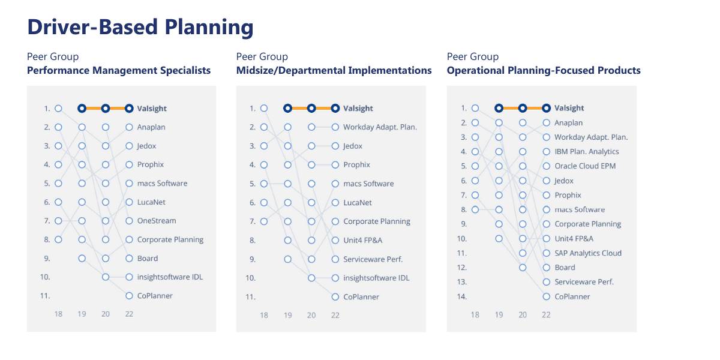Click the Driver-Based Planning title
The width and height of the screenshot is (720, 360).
coord(140,27)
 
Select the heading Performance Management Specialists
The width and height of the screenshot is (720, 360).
coord(119,70)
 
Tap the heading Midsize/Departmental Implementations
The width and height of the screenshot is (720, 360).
coord(334,70)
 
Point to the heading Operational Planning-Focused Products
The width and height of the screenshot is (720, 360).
coord(544,70)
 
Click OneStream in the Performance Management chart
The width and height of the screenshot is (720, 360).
coord(157,221)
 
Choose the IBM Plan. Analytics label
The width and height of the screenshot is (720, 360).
coord(587,151)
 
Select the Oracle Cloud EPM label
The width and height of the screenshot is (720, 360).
coord(585,166)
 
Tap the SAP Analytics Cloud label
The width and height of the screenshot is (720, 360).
coord(588,253)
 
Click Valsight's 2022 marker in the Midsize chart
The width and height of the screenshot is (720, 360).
coord(335,109)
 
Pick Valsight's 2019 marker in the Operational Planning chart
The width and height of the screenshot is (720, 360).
coord(499,108)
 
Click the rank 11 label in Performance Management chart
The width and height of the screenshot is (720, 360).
coord(45,296)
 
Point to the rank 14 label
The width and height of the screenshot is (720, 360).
coord(462,296)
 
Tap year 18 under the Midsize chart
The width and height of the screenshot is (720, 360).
coord(264,315)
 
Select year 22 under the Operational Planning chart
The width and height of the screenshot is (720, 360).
coord(546,314)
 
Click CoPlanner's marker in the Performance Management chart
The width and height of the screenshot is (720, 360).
coord(129,296)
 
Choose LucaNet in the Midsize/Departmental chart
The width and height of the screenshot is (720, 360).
coord(358,203)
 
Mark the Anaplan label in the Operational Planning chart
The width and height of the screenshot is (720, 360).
coord(568,123)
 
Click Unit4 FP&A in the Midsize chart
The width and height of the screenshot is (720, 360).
coord(363,240)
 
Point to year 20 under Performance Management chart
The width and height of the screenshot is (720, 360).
coord(106,314)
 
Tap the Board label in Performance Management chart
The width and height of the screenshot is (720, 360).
coord(148,259)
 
